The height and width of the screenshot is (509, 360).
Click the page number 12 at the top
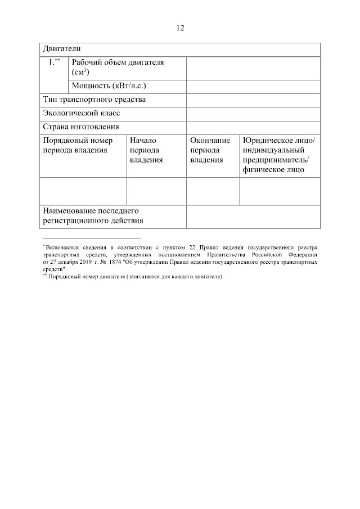click(x=180, y=28)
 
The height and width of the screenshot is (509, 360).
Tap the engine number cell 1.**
click(x=54, y=62)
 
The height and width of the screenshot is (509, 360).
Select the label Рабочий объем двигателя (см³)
click(x=118, y=67)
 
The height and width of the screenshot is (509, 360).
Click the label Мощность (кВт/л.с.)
click(x=109, y=86)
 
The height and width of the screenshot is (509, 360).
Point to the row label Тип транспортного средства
click(x=94, y=100)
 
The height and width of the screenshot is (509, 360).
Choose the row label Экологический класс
click(x=82, y=113)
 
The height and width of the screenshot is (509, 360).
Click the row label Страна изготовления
click(x=81, y=127)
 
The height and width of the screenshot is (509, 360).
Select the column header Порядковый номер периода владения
click(x=78, y=145)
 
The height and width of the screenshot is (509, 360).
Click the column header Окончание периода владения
click(x=210, y=150)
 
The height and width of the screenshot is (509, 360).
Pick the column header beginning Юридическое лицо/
click(x=279, y=155)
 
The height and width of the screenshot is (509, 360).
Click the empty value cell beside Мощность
click(x=253, y=86)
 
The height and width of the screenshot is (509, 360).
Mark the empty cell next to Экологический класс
click(x=253, y=113)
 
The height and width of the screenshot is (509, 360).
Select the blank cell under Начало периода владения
click(x=156, y=191)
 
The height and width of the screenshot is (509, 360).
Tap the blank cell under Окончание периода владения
click(x=213, y=191)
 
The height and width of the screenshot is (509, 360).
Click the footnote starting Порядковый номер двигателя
click(x=135, y=277)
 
